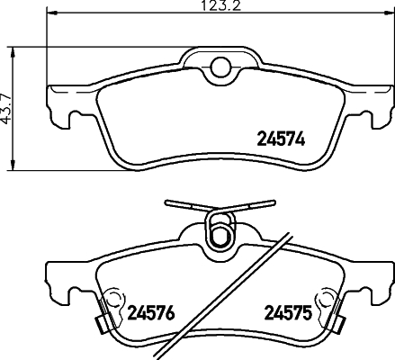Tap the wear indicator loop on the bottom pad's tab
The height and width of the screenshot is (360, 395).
coord(217,231)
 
